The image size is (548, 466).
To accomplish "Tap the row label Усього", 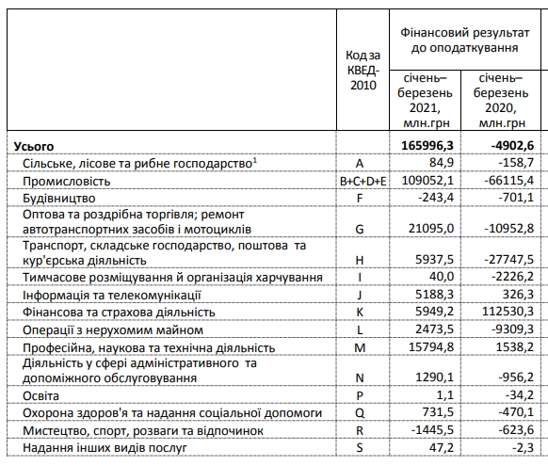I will [33, 146].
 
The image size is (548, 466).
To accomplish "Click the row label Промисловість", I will [67, 180].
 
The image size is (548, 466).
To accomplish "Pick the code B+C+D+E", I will [363, 180].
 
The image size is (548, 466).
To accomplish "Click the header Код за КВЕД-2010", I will [363, 72].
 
